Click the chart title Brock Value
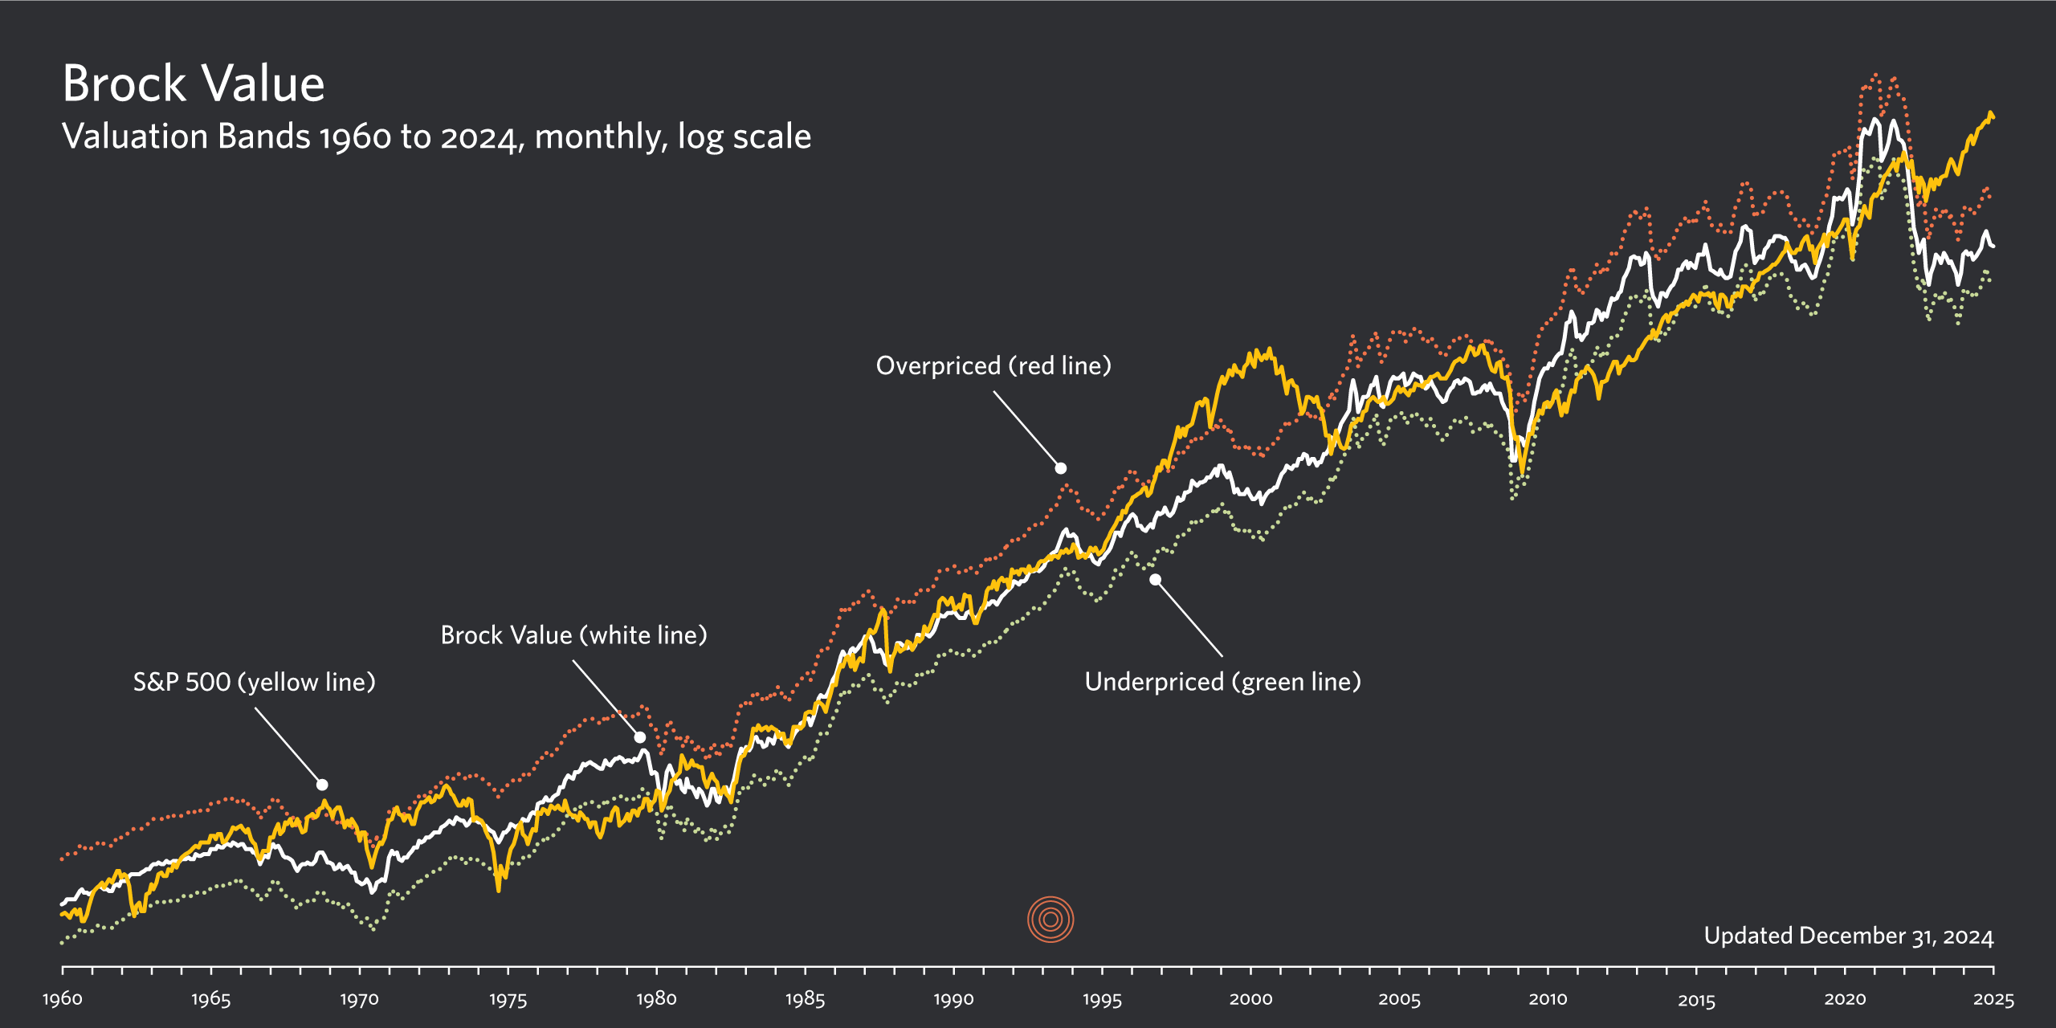[x=194, y=84]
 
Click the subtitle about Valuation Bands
[x=436, y=137]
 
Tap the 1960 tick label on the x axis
[x=63, y=999]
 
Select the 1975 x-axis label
[x=508, y=1000]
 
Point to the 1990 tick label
[x=953, y=1000]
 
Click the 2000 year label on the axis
[x=1250, y=999]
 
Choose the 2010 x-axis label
[x=1548, y=999]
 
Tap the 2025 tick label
[x=1993, y=1000]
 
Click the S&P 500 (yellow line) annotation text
[x=254, y=682]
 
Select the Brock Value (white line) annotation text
[x=573, y=635]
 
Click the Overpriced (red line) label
[x=993, y=365]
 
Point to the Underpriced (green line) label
[x=1222, y=682]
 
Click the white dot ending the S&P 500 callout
[x=322, y=785]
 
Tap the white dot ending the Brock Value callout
[x=640, y=737]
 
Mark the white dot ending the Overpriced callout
[x=1061, y=468]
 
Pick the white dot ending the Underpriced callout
[x=1155, y=579]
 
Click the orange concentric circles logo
[x=1050, y=920]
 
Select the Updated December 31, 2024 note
[x=1848, y=936]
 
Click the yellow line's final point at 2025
[x=1993, y=117]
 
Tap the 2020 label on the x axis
[x=1845, y=999]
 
